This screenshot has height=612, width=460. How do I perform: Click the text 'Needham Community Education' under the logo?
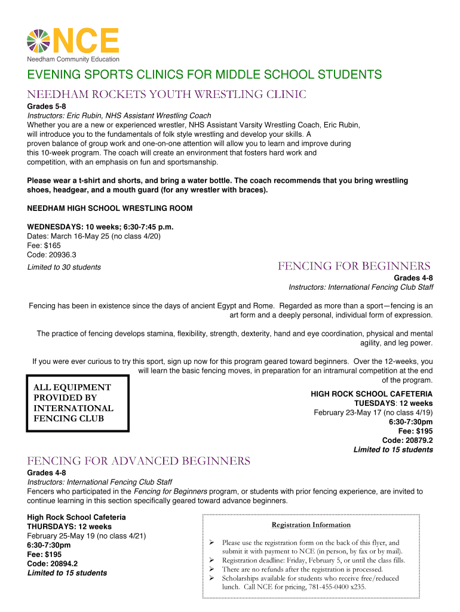pyautogui.click(x=73, y=59)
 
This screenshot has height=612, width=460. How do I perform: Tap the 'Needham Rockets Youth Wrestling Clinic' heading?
pyautogui.click(x=167, y=94)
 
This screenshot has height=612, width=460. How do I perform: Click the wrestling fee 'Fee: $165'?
pyautogui.click(x=44, y=245)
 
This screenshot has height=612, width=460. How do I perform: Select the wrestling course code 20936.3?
pyautogui.click(x=63, y=254)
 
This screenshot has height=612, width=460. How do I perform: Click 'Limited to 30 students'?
pyautogui.click(x=64, y=267)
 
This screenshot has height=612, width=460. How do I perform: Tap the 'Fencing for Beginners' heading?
pyautogui.click(x=354, y=266)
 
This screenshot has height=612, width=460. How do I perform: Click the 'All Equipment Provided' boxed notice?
pyautogui.click(x=77, y=403)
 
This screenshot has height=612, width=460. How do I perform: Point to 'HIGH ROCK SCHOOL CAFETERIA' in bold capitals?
pyautogui.click(x=372, y=394)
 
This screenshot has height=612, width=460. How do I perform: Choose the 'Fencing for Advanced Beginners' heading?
pyautogui.click(x=139, y=461)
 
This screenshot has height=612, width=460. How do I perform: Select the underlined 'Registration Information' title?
pyautogui.click(x=311, y=525)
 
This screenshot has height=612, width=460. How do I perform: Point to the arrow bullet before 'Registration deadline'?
pyautogui.click(x=211, y=560)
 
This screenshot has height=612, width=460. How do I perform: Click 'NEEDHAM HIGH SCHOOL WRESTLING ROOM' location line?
pyautogui.click(x=110, y=209)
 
